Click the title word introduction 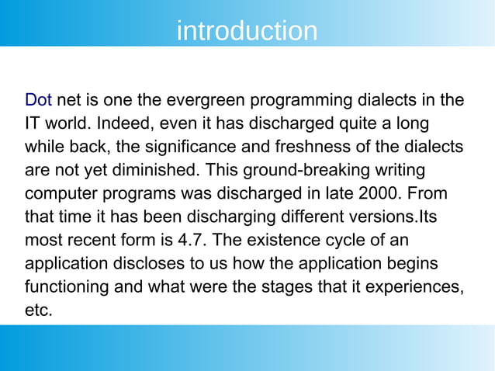(x=247, y=31)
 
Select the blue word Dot (x=39, y=100)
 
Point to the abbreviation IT (x=33, y=123)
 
